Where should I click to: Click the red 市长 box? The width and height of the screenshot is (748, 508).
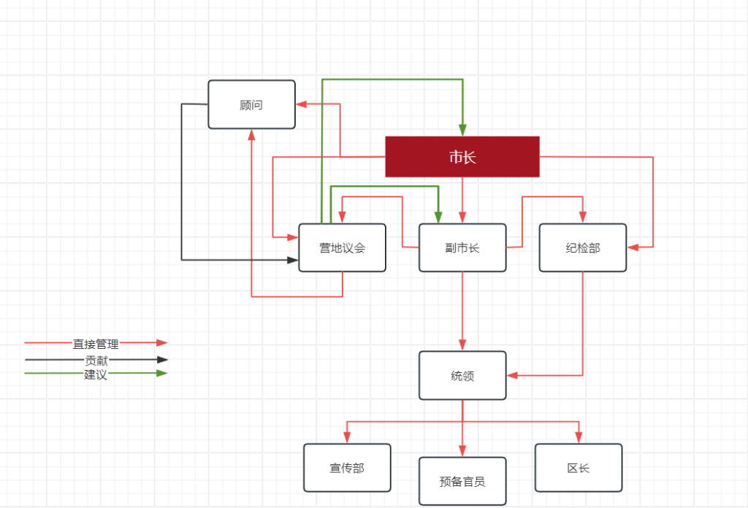click(462, 156)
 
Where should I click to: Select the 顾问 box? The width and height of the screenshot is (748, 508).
click(251, 104)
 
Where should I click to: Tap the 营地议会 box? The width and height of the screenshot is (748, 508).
click(342, 247)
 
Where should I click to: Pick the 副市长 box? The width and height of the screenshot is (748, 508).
click(462, 247)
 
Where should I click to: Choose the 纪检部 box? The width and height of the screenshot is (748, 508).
click(582, 247)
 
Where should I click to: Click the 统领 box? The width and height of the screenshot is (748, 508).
click(462, 375)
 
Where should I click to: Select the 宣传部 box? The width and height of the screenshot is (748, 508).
click(347, 468)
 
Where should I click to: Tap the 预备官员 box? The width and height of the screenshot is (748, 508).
click(462, 481)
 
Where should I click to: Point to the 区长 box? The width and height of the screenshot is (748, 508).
click(579, 468)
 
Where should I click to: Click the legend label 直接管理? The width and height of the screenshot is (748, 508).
click(96, 344)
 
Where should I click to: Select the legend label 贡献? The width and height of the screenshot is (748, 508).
click(96, 360)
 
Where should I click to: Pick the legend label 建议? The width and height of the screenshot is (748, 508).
click(96, 374)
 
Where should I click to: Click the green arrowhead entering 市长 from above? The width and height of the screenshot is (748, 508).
click(462, 130)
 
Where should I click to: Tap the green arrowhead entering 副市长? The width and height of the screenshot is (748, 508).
click(438, 217)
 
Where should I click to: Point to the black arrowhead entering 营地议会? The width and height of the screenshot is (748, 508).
click(293, 259)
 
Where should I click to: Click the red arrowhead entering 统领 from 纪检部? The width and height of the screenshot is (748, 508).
click(513, 376)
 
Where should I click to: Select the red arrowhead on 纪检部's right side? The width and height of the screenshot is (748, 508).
click(633, 247)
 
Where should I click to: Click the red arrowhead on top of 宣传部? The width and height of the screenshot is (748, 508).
click(347, 438)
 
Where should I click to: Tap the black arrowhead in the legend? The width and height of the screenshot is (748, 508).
click(162, 359)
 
